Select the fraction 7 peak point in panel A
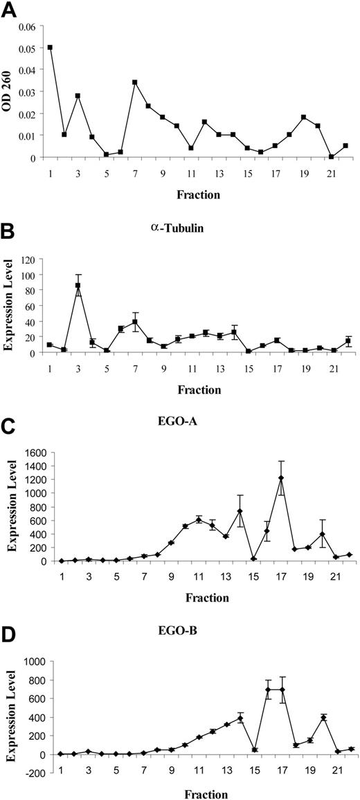point(134,82)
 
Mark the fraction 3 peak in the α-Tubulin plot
point(78,285)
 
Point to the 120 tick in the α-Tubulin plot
point(28,258)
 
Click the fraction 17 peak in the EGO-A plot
point(281,478)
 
